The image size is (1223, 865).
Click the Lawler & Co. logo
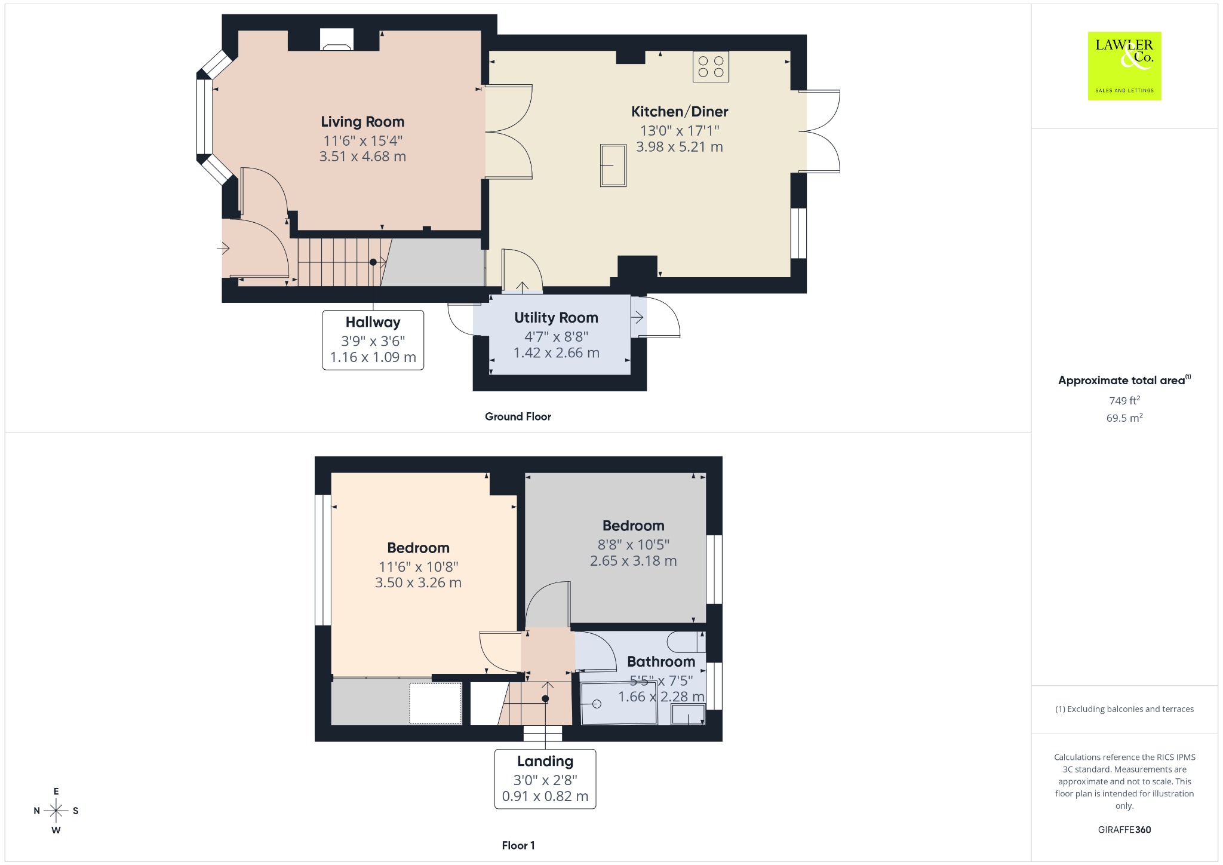pos(1124,66)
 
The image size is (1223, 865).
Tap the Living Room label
pos(362,122)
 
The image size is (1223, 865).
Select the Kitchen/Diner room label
pos(680,112)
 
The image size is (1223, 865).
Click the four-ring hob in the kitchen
pos(711,67)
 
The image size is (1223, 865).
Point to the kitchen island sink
pos(613,165)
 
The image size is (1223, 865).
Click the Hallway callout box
pos(373,340)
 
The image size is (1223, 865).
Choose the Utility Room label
pos(556,318)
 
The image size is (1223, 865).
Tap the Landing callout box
pos(545,779)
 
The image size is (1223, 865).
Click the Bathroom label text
pos(661,662)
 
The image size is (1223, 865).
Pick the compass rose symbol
pos(56,811)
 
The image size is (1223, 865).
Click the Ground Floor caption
pos(518,417)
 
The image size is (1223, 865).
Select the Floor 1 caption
pos(518,845)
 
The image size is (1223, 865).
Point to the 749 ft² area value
pos(1124,401)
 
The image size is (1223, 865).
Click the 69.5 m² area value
pos(1124,418)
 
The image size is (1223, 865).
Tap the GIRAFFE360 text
pos(1124,830)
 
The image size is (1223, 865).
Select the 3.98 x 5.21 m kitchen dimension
pos(680,147)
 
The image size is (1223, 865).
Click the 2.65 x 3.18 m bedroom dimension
pos(634,561)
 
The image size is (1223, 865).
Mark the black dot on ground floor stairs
pos(373,262)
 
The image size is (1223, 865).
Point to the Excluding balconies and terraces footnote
pos(1124,709)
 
